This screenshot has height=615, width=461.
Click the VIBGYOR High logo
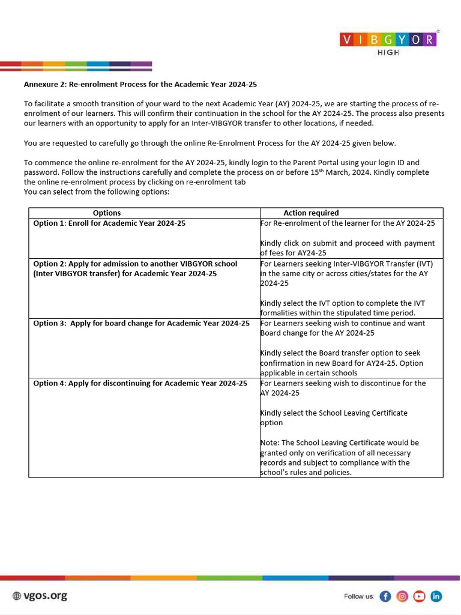388,42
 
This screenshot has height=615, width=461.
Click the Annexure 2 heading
140,84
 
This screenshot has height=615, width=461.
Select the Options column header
107,213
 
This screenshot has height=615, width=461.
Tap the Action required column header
311,213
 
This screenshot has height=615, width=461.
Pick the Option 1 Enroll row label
109,223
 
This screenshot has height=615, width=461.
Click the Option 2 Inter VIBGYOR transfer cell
135,268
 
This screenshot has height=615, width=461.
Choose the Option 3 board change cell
141,323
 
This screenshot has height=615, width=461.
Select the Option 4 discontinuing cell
140,383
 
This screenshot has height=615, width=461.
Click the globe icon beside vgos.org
17,596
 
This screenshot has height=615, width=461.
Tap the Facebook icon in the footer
385,596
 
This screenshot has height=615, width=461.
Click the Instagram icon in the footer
402,596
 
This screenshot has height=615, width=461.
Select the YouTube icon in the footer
419,596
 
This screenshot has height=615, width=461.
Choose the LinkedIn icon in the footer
436,596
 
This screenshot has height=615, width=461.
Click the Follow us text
359,596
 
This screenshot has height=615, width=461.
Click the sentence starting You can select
97,192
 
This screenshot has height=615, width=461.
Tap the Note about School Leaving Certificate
340,458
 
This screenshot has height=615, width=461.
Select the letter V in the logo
347,40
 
